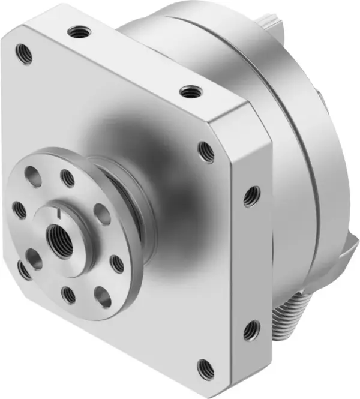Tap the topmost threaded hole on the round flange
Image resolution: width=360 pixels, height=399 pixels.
(x=68, y=178)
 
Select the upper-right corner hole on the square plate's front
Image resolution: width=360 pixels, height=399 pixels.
(x=205, y=151)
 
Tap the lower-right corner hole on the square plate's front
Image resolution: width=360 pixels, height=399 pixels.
(x=205, y=367)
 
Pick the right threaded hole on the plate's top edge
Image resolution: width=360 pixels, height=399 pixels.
(x=191, y=92)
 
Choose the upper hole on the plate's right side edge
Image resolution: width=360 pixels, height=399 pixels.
(x=251, y=195)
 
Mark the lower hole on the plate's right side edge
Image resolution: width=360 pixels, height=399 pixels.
(x=251, y=329)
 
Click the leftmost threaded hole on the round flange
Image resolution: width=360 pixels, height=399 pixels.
(x=20, y=209)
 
